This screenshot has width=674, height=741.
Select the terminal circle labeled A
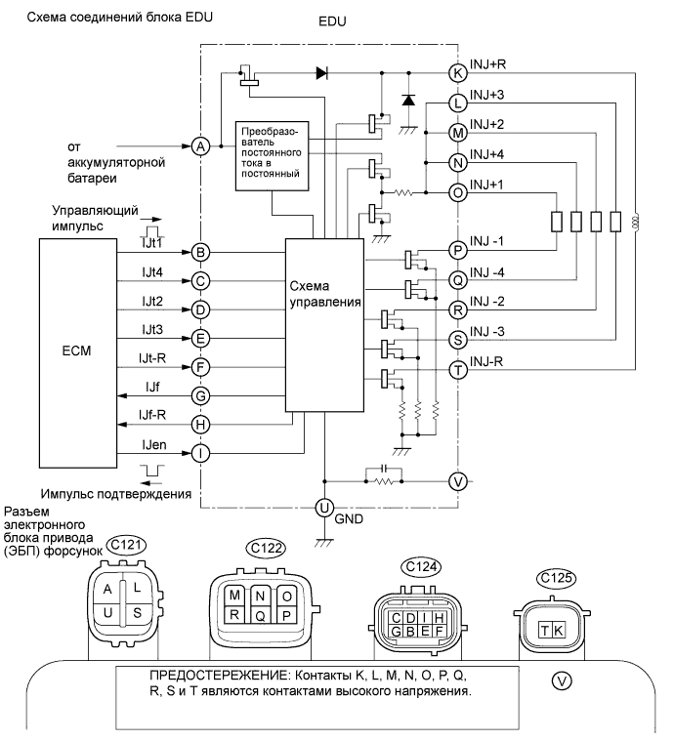click(x=200, y=145)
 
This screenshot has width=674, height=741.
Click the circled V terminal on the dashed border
click(x=456, y=480)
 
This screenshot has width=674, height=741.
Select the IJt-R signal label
click(x=155, y=358)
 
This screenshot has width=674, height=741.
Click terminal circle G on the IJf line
click(x=200, y=395)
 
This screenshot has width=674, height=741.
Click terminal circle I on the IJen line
click(x=200, y=453)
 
